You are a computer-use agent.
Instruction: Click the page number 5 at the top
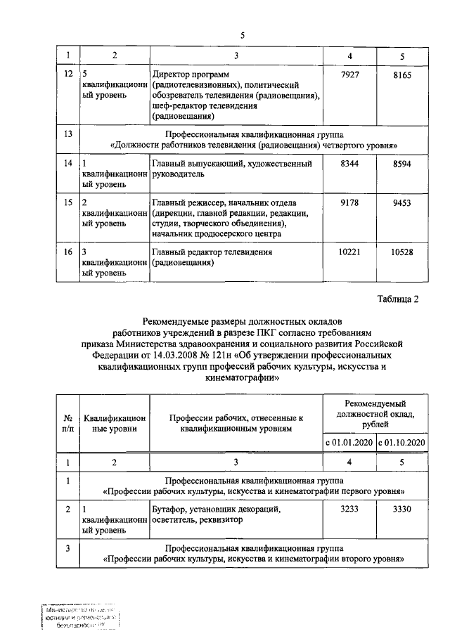pos(243,36)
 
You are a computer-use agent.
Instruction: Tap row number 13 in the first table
pos(67,134)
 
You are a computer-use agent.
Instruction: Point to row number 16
pos(67,252)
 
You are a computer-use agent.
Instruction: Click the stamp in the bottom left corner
pos(79,617)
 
